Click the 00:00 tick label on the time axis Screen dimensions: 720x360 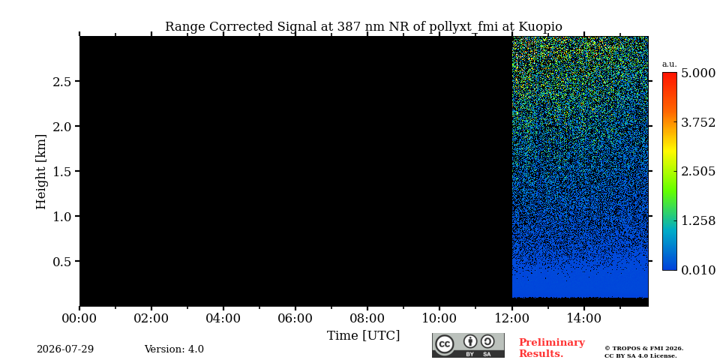click(79, 318)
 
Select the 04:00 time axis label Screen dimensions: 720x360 click(223, 318)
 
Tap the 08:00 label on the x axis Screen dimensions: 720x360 click(367, 318)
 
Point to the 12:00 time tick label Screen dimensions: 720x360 click(511, 318)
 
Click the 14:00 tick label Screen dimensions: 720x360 click(583, 318)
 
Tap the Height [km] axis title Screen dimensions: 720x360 click(41, 172)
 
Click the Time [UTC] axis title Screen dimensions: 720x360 click(363, 336)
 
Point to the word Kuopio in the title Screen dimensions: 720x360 click(540, 27)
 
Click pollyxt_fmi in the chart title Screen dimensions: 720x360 click(463, 27)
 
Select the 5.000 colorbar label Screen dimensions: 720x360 click(698, 73)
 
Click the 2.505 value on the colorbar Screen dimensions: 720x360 click(698, 171)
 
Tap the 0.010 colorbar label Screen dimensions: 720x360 click(698, 270)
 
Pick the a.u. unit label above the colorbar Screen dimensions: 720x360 click(670, 64)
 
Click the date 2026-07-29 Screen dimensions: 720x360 click(65, 349)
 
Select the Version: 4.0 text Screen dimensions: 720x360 click(174, 349)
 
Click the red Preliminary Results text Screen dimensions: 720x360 click(552, 348)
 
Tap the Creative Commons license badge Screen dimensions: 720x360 click(468, 345)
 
